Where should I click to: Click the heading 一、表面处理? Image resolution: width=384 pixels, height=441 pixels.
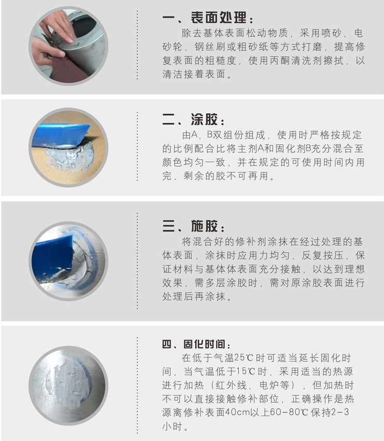pyautogui.click(x=207, y=19)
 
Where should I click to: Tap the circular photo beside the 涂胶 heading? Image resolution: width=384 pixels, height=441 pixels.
pyautogui.click(x=68, y=147)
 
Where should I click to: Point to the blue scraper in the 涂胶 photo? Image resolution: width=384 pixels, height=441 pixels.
pyautogui.click(x=59, y=133)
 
